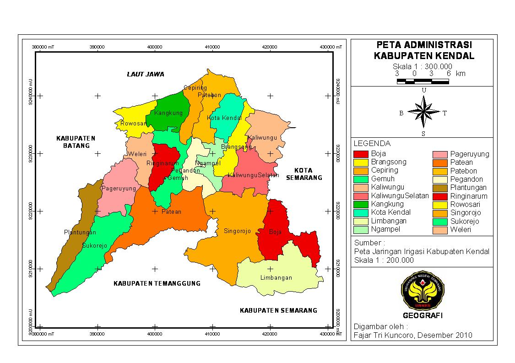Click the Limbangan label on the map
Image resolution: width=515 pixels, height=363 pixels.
click(276, 278)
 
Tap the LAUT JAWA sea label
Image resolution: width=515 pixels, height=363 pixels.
click(145, 74)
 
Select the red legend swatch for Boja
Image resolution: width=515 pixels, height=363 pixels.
click(361, 154)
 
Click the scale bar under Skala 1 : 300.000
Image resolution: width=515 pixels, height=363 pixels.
click(423, 81)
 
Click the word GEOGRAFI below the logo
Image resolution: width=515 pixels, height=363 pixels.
click(423, 315)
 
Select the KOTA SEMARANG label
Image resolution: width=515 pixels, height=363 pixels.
click(304, 174)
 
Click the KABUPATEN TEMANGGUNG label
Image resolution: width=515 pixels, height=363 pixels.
click(157, 283)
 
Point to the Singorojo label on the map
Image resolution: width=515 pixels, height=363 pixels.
click(237, 231)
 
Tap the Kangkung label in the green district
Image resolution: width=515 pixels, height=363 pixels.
click(168, 113)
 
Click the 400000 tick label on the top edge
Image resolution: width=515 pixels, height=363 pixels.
click(155, 47)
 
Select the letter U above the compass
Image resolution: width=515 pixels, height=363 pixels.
click(424, 90)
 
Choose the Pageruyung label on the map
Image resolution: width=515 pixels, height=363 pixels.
click(119, 188)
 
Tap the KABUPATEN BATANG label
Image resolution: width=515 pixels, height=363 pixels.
click(76, 142)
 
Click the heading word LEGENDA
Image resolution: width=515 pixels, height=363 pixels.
click(372, 144)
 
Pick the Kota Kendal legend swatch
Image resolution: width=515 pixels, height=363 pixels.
click(361, 212)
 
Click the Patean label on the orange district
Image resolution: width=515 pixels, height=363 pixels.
click(171, 211)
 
